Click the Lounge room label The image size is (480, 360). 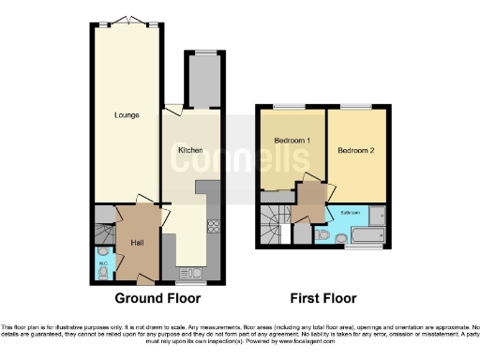(x=127, y=115)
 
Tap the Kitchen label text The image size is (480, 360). (x=191, y=150)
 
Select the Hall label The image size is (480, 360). (x=137, y=243)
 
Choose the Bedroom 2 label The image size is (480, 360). (x=355, y=150)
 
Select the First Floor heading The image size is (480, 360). (x=322, y=299)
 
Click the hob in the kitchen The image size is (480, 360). (x=213, y=226)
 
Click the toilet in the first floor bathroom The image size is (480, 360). (x=322, y=235)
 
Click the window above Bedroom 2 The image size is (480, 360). (x=355, y=106)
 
